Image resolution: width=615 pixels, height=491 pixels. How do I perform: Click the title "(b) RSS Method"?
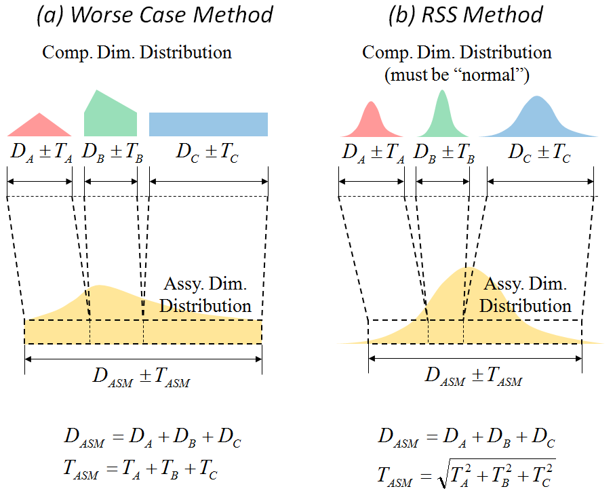click(x=466, y=15)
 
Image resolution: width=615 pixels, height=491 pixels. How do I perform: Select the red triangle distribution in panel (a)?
click(x=40, y=126)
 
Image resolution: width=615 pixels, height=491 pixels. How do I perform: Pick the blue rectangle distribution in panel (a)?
click(x=208, y=124)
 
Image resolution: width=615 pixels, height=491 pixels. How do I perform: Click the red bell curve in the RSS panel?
click(x=371, y=121)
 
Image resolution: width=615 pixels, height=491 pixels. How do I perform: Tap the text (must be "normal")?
click(x=457, y=75)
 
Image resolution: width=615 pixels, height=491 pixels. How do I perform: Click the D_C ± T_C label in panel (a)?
click(x=207, y=153)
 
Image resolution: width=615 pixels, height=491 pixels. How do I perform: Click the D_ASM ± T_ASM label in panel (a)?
click(x=142, y=377)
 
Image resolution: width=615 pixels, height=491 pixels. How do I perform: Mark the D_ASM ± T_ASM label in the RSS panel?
click(x=474, y=377)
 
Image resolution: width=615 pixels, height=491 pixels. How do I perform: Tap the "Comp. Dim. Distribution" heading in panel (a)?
click(x=137, y=52)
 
